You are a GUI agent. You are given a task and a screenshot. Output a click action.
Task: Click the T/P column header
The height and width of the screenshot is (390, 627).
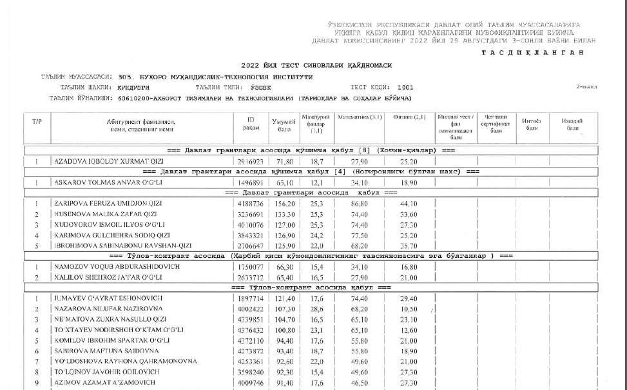pyautogui.click(x=37, y=121)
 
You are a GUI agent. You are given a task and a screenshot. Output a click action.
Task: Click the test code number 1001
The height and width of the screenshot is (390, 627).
pyautogui.click(x=406, y=87)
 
